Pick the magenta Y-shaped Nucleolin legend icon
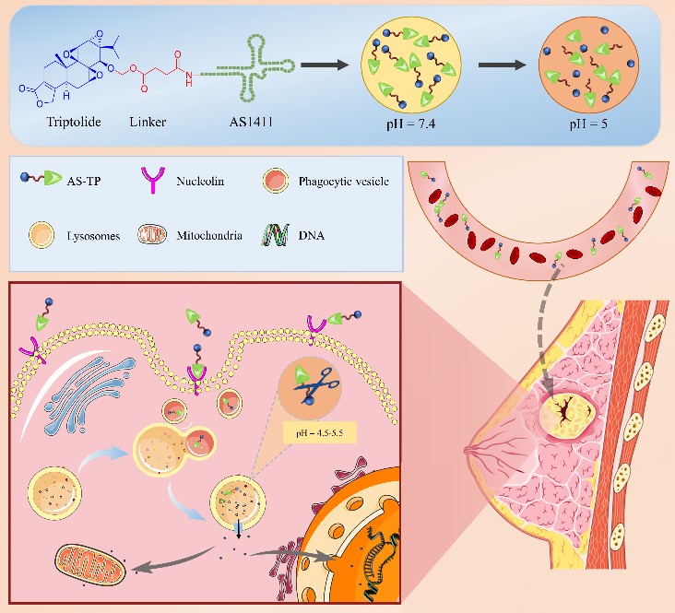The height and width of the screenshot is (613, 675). click(x=159, y=181)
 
